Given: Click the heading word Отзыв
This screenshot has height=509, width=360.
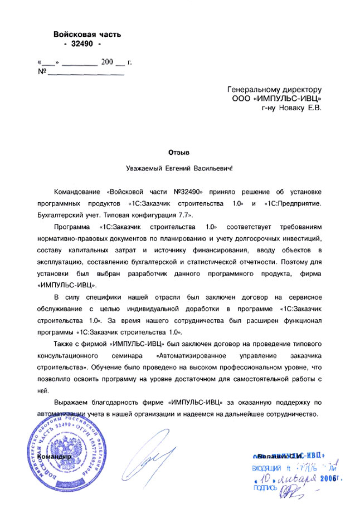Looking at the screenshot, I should pyautogui.click(x=179, y=151).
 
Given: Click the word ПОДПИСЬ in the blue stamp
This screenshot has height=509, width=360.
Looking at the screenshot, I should pyautogui.click(x=265, y=488).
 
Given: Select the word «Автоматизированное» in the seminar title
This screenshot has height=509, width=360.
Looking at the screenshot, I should pyautogui.click(x=191, y=355).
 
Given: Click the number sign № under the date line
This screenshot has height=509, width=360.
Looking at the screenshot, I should pyautogui.click(x=41, y=72).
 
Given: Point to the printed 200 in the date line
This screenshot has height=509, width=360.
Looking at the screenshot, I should pyautogui.click(x=107, y=62).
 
